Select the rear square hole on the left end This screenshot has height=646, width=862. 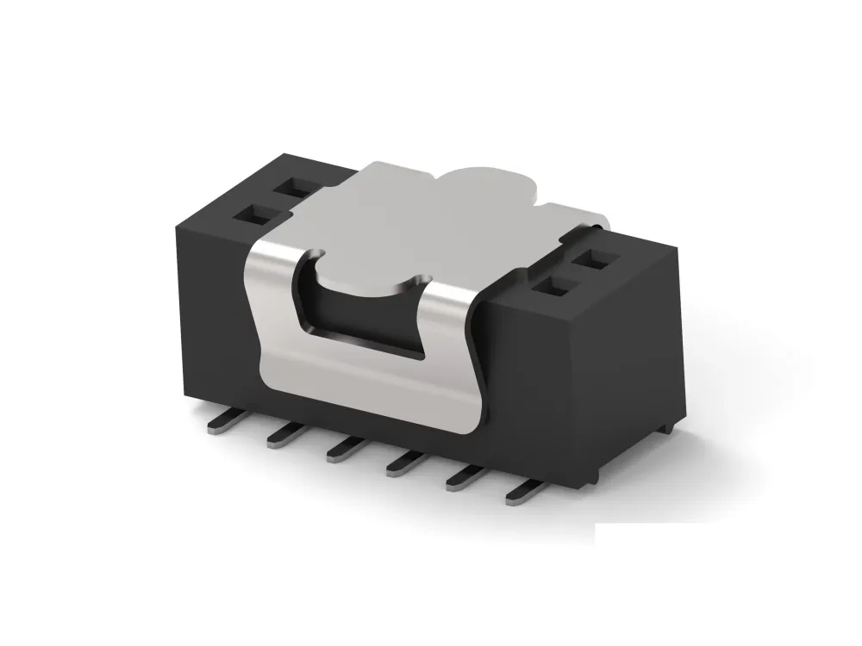295,186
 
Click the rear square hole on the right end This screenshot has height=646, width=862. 593,258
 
